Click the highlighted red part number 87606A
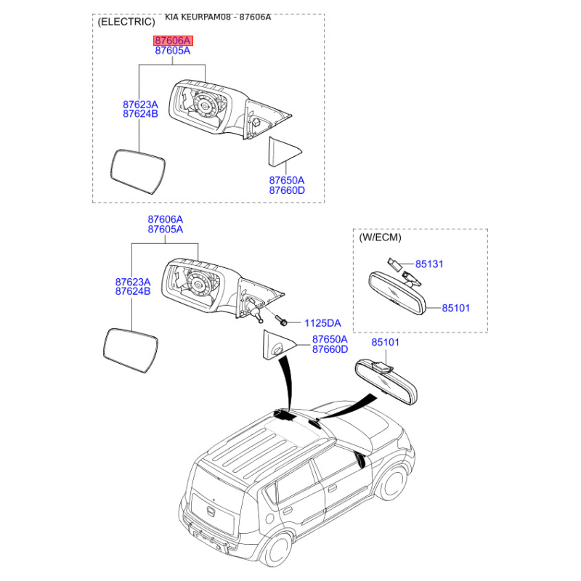click(x=172, y=41)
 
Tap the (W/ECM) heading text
click(x=380, y=237)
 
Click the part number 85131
click(x=429, y=264)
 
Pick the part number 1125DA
click(x=322, y=322)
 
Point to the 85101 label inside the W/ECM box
click(x=456, y=308)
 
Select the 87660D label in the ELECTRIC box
click(x=287, y=190)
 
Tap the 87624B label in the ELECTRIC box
click(x=140, y=114)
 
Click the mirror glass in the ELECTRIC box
click(x=137, y=171)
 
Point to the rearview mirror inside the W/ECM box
click(x=397, y=293)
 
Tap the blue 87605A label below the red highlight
click(x=172, y=52)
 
